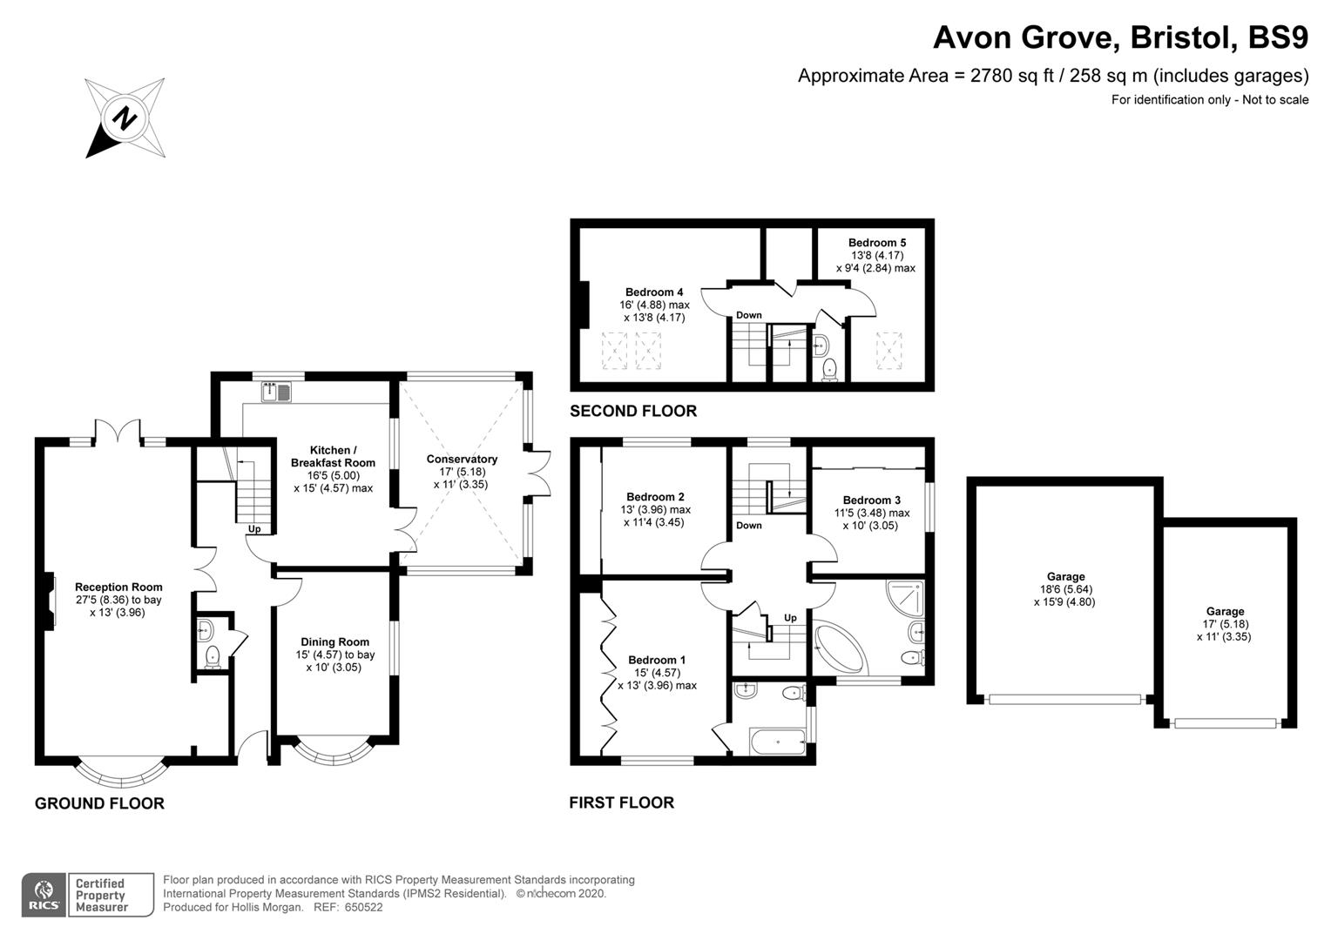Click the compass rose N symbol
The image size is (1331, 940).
(x=125, y=117)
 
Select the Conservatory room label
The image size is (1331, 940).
(x=462, y=460)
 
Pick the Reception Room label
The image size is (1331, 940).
(x=118, y=587)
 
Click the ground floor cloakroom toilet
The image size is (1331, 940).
(x=211, y=657)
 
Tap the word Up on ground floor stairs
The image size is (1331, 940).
(x=254, y=529)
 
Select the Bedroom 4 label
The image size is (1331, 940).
(x=654, y=292)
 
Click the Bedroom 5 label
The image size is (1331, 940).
(x=877, y=243)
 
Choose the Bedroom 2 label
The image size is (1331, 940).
(x=656, y=497)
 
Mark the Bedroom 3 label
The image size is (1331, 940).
(x=872, y=500)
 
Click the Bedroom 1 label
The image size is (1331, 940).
(x=657, y=660)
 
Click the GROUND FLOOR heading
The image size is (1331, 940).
(x=99, y=803)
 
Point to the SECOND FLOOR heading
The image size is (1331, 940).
(x=633, y=411)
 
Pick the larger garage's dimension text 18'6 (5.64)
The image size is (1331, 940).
(x=1064, y=589)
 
